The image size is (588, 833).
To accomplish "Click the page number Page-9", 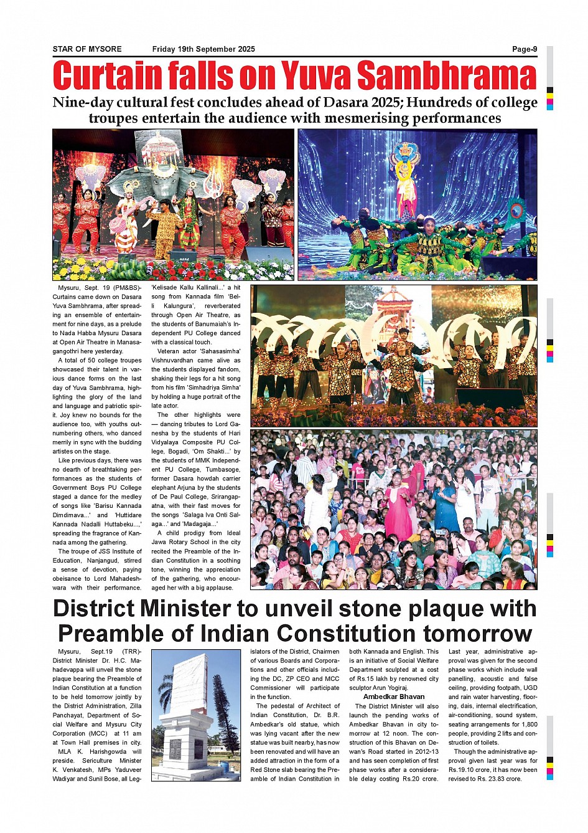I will pos(524,49).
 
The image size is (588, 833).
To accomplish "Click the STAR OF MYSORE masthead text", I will pos(87,49).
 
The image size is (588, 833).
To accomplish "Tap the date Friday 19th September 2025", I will pos(203,49).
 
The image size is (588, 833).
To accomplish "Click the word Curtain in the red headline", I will pos(105,76).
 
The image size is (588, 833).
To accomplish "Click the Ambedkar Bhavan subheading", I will pos(393,697).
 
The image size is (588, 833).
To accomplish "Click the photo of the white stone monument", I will pos(195,715).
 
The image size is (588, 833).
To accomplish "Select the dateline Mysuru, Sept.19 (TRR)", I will pos(97,652).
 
